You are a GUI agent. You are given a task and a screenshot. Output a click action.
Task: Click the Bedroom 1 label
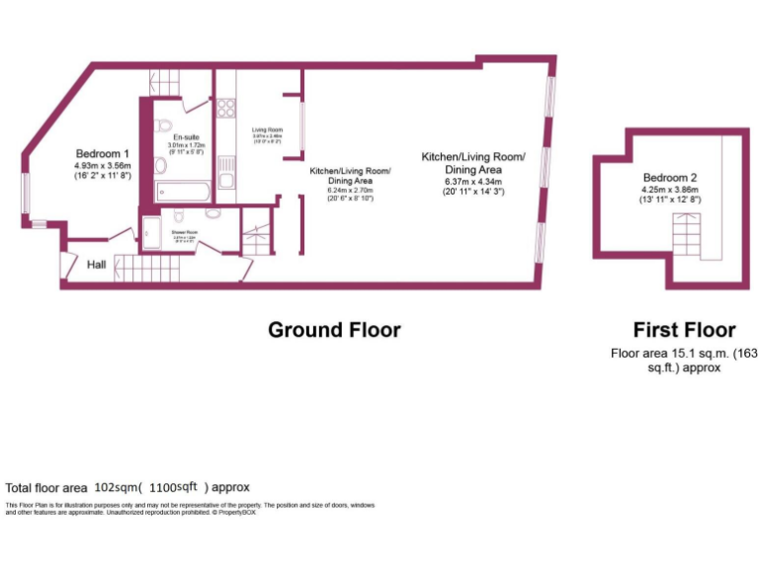tap(103, 154)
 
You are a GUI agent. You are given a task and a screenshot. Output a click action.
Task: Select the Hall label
tap(97, 265)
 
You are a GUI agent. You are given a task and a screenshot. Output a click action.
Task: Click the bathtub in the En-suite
tap(184, 192)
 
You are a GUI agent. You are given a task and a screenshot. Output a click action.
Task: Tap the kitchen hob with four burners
tap(225, 108)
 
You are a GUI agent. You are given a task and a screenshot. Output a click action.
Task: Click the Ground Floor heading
tap(334, 330)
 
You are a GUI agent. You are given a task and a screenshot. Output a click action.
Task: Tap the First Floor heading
tap(684, 330)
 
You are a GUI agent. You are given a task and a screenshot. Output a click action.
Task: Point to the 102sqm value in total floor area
tap(116, 487)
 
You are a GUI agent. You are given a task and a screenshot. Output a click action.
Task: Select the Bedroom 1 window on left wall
tap(27, 194)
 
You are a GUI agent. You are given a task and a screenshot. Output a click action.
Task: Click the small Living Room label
tap(267, 130)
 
